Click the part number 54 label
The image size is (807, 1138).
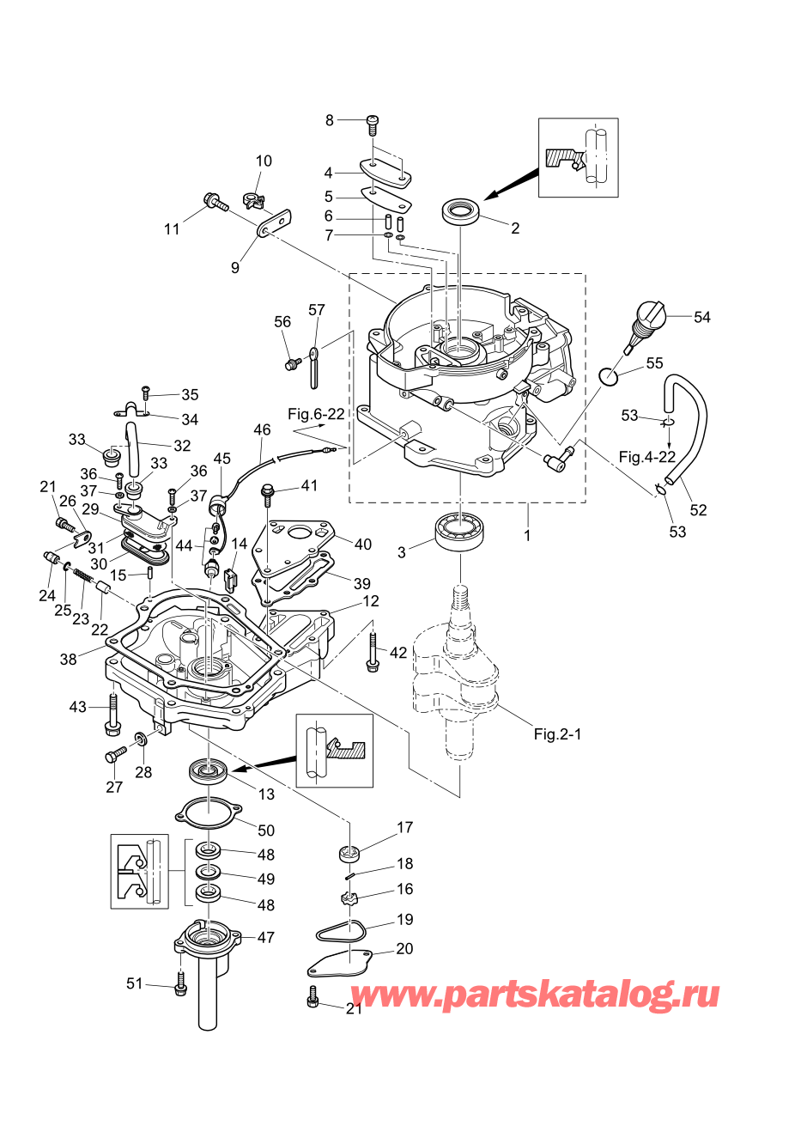tap(701, 317)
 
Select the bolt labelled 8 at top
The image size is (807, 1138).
tap(373, 124)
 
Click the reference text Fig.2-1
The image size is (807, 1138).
tap(557, 734)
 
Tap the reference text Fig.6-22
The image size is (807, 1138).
tap(316, 414)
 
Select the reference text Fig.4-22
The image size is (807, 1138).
tap(646, 457)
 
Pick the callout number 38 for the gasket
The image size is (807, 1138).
tap(68, 659)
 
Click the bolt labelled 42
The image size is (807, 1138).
tap(373, 653)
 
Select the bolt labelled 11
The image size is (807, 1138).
tap(215, 204)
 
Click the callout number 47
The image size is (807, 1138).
tap(266, 937)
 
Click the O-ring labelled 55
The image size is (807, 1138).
tap(608, 376)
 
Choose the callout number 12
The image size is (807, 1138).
tap(370, 601)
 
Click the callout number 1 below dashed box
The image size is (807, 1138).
tap(527, 535)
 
